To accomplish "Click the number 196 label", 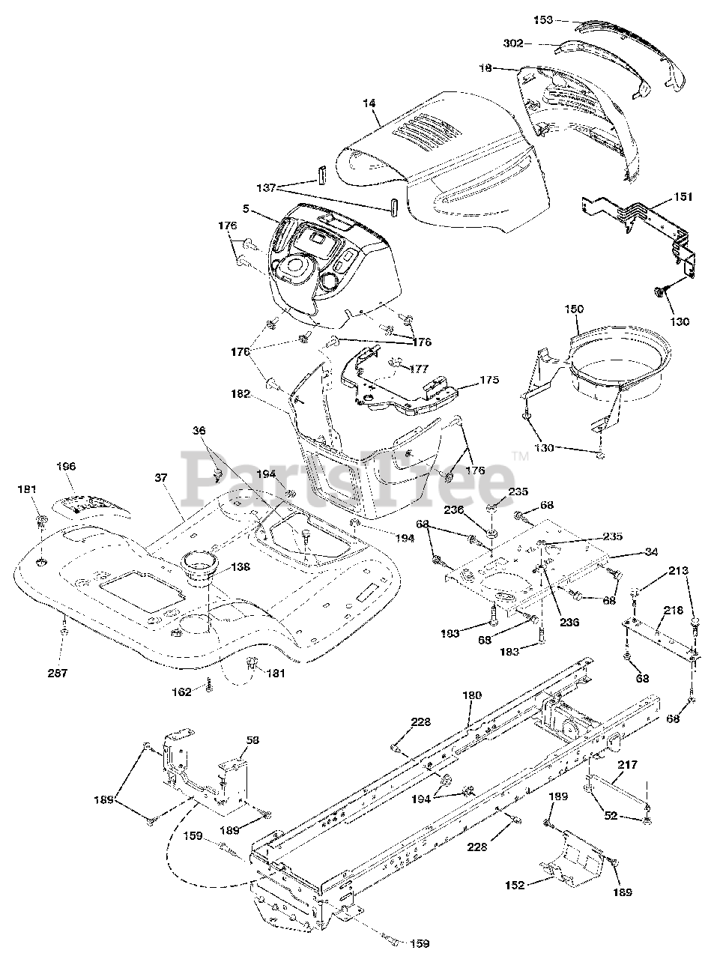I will [67, 466].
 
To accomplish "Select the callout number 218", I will [672, 611].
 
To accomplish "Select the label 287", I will [58, 673].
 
